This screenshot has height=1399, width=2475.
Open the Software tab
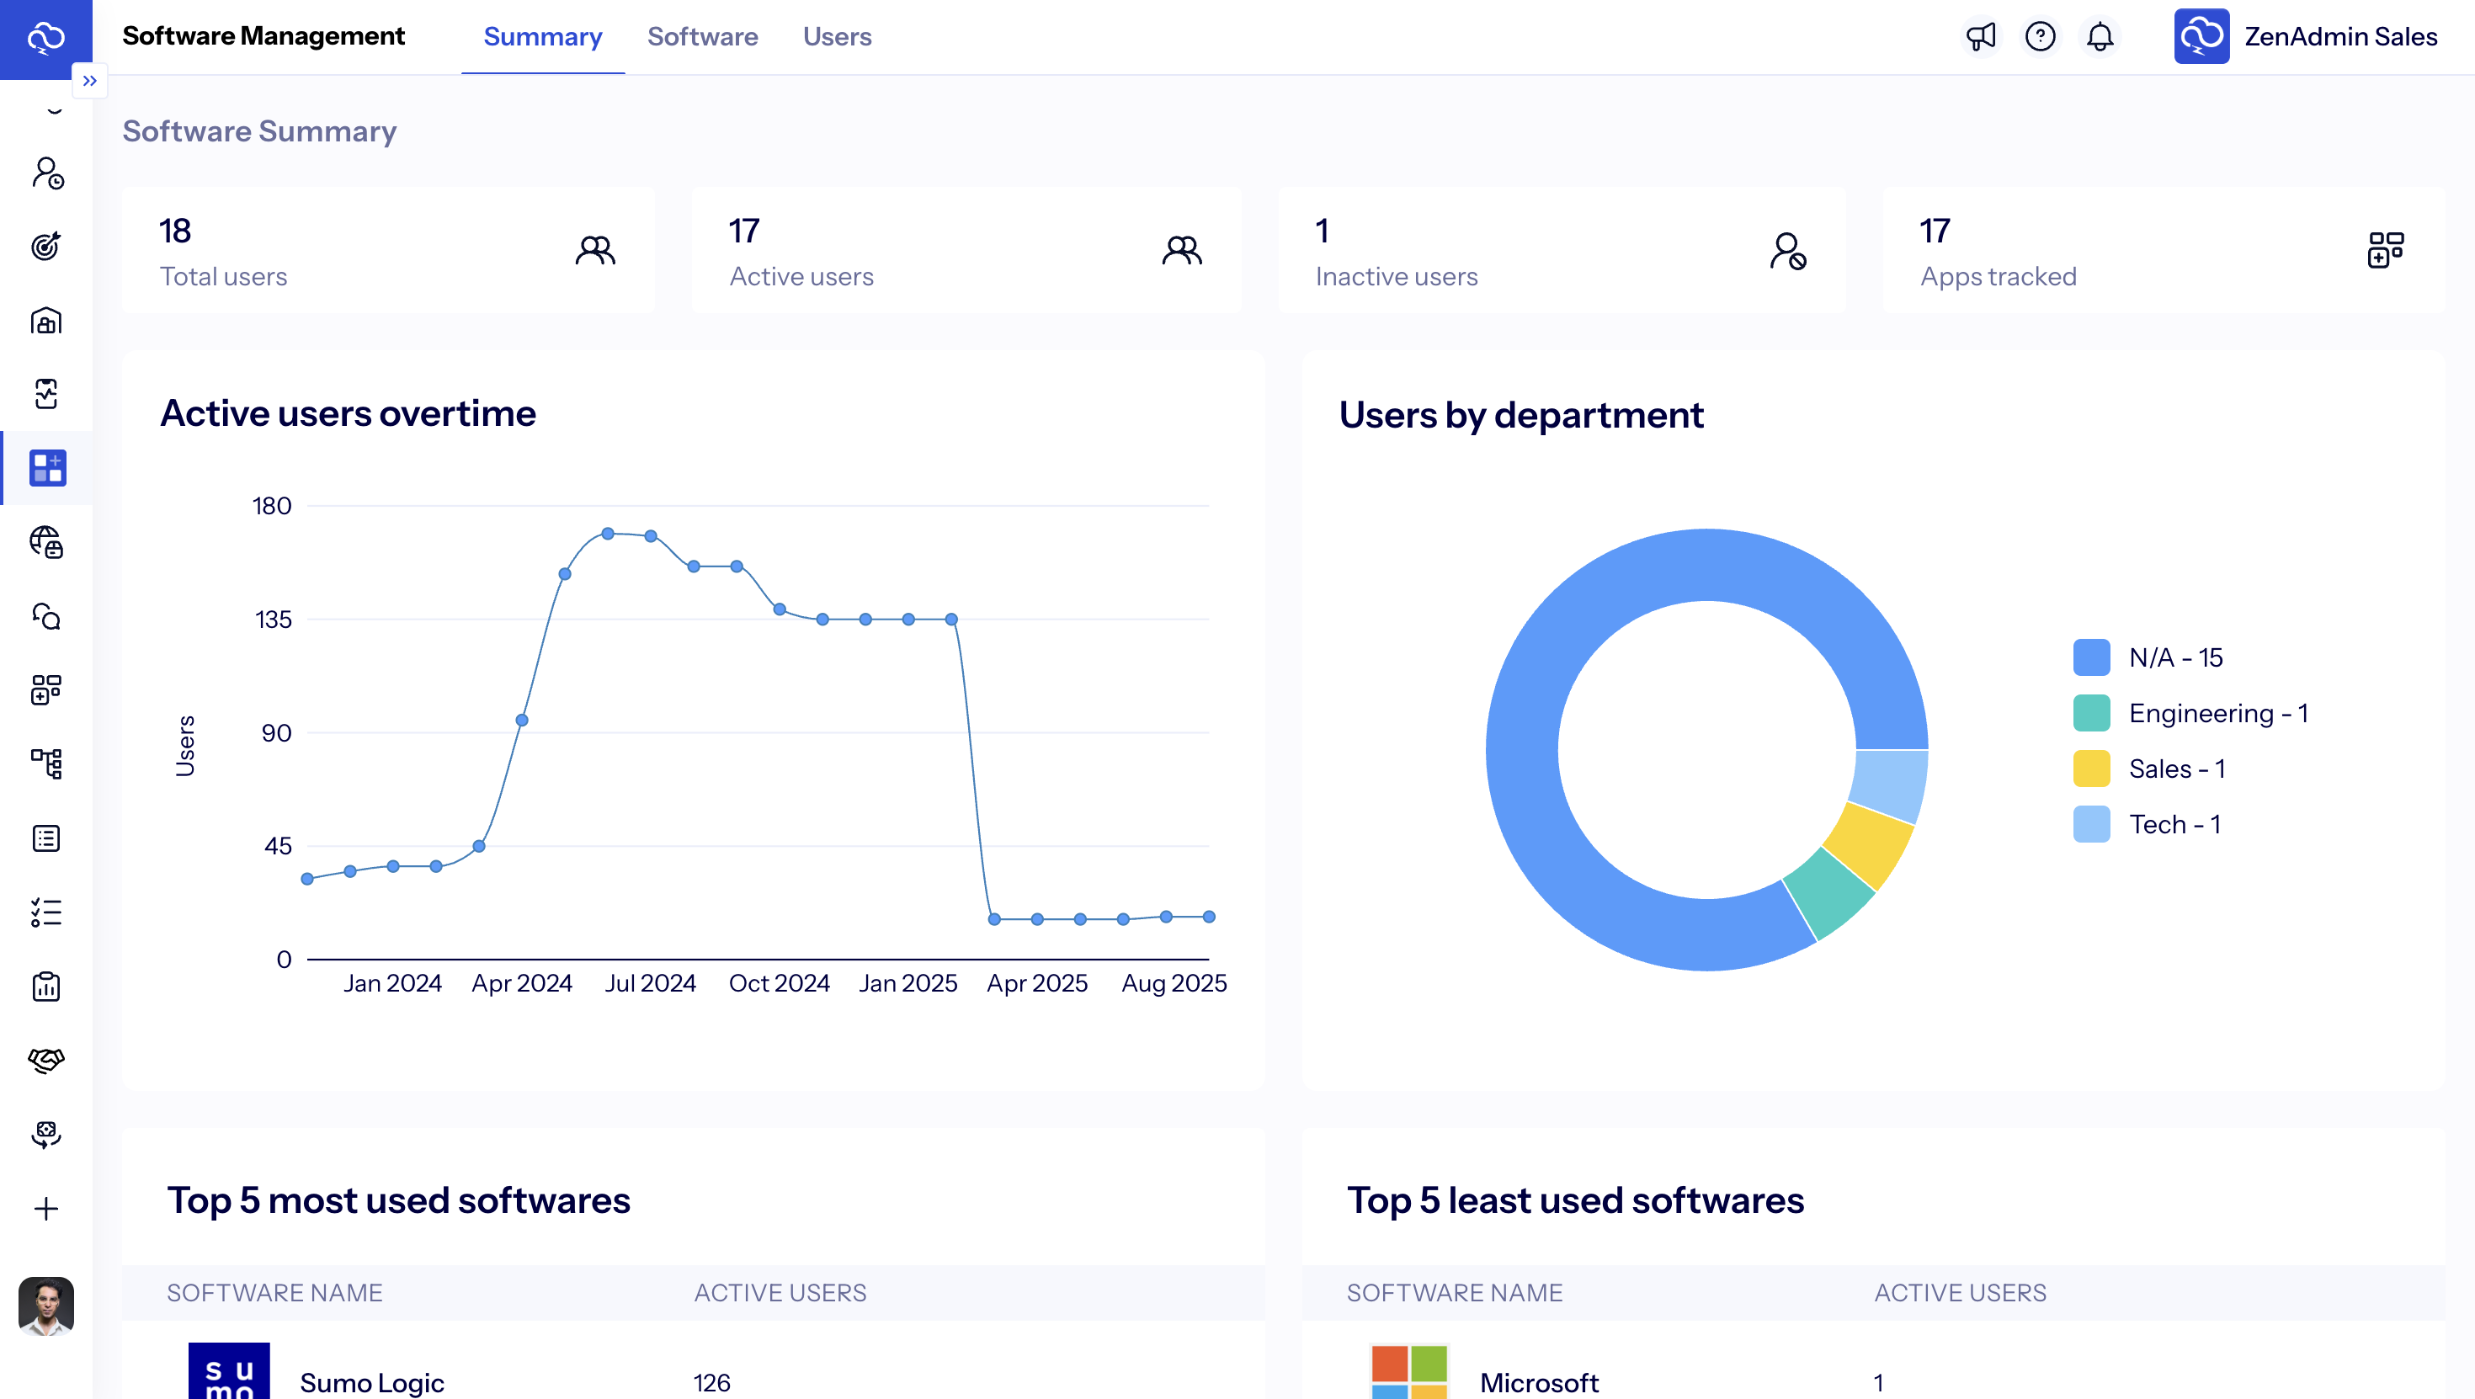coord(702,36)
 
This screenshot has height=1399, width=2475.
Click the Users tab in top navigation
coord(837,36)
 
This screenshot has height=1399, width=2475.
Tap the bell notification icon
coord(2100,36)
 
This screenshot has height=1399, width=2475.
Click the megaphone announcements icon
coord(1980,36)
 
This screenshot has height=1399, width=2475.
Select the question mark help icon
coord(2040,36)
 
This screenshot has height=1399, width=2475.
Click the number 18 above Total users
coord(175,231)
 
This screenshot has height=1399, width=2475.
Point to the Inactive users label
coord(1396,277)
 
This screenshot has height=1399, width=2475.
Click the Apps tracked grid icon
coord(2385,250)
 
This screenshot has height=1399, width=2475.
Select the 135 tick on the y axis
coord(273,620)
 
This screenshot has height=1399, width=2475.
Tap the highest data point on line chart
coord(607,534)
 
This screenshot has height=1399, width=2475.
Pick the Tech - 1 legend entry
coord(2174,824)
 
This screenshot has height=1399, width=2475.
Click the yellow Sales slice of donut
coord(1869,844)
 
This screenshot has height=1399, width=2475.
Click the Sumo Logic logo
coord(229,1372)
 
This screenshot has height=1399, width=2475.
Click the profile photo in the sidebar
coord(46,1305)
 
